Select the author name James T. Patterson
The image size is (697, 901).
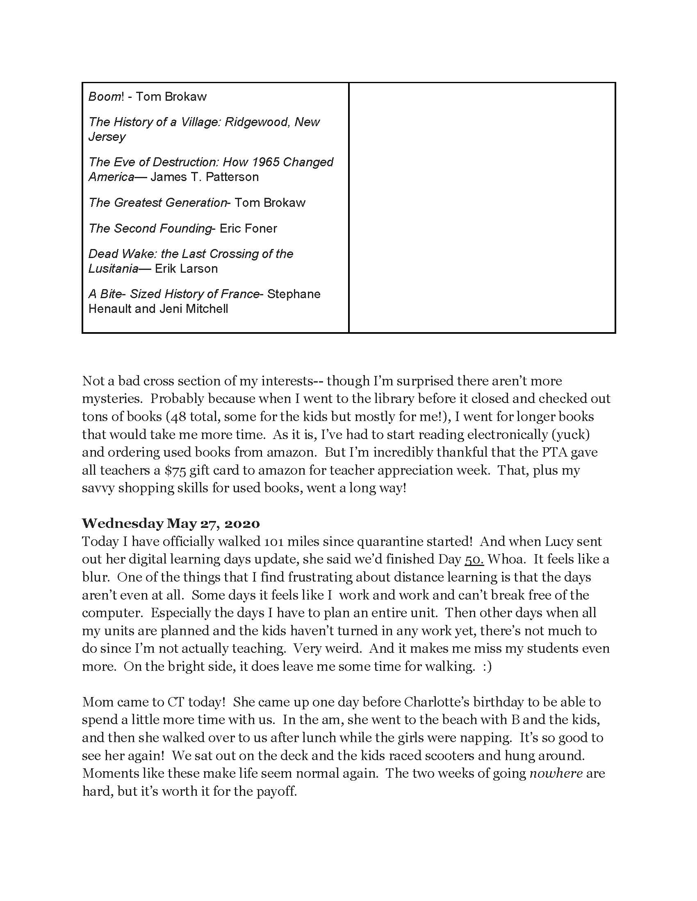coord(205,177)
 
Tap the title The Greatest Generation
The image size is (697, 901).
coord(157,203)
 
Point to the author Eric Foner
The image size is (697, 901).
coord(248,229)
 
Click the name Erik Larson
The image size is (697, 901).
coord(186,269)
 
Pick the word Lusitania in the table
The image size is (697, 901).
coord(113,269)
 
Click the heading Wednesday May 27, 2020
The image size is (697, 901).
coord(171,523)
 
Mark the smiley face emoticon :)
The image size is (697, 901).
coord(487,667)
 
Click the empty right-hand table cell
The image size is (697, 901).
coord(482,207)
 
